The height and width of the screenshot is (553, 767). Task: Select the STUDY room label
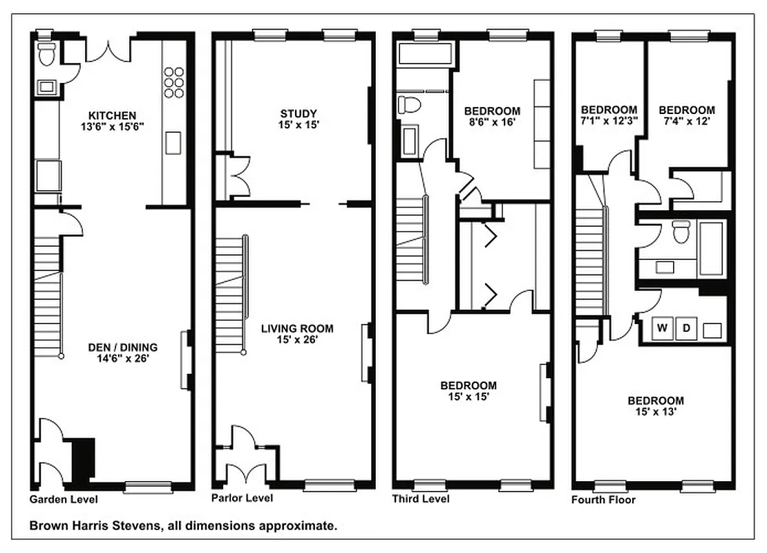coord(299,114)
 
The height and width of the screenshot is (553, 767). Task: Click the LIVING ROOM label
coord(297,328)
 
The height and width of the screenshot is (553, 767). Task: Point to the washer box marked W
coord(662,328)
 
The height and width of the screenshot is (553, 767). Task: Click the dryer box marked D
coord(686,328)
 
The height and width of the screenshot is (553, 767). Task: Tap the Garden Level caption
coord(64,499)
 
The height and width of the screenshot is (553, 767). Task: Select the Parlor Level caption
coord(242,498)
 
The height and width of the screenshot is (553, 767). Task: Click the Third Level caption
coord(420,499)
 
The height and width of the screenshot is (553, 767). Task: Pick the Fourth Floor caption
coord(603,500)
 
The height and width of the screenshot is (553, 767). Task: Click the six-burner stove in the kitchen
coord(175,82)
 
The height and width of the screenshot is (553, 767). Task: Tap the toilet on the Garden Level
coord(47,54)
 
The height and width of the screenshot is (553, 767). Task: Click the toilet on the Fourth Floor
coord(681,232)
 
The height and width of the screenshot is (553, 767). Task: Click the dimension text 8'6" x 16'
coord(492,122)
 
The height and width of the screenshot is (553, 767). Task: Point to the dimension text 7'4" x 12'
coord(686,122)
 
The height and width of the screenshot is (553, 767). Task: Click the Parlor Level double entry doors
coord(247,474)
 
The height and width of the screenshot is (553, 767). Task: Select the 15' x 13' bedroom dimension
coord(656,412)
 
